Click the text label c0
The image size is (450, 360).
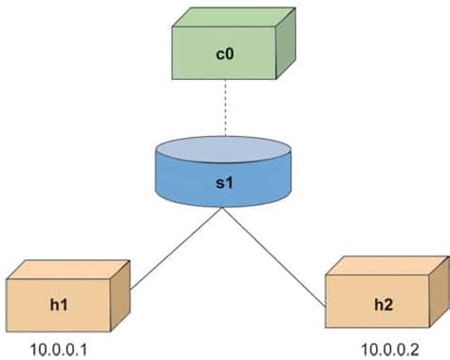click(x=225, y=55)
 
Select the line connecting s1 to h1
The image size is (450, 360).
click(x=177, y=248)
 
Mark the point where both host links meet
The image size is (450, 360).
click(x=224, y=209)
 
